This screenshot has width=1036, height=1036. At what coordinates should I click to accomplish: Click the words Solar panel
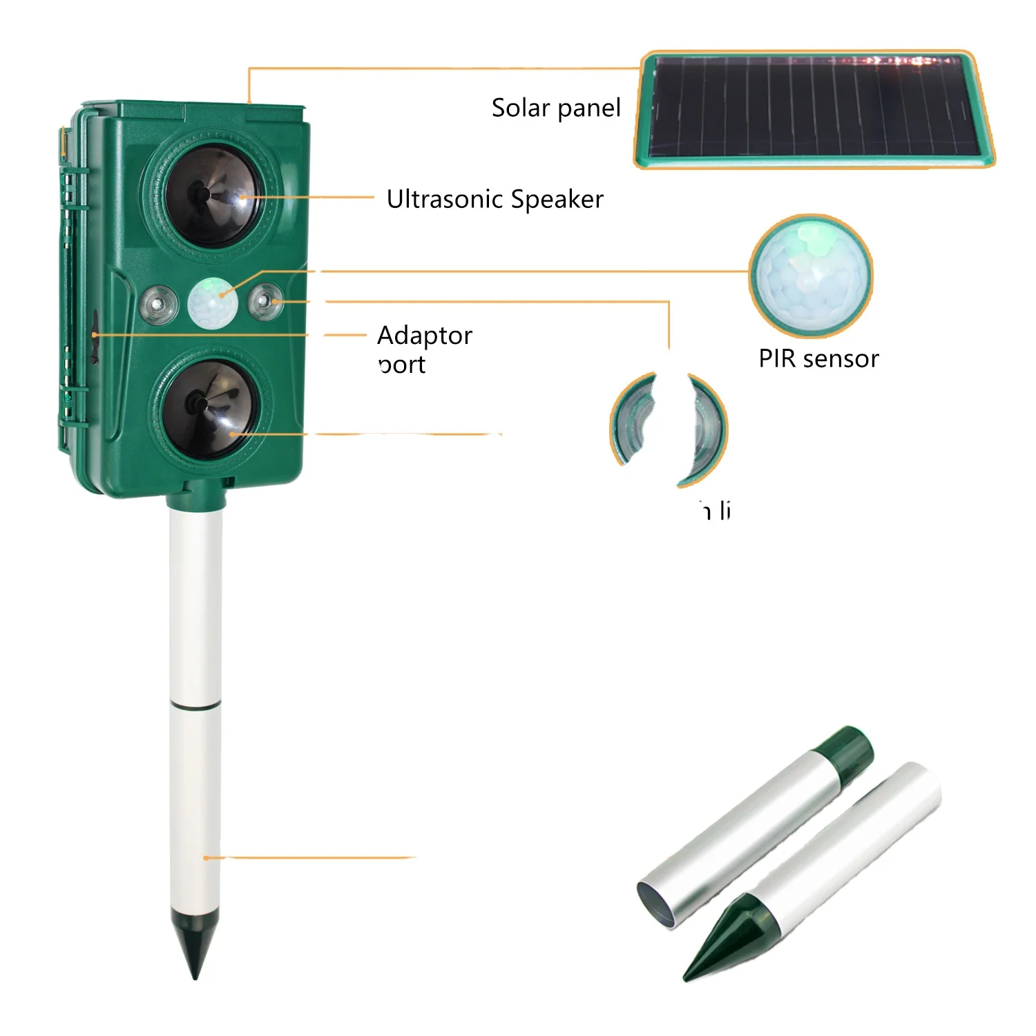(x=556, y=108)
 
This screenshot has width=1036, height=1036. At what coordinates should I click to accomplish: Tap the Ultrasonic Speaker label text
(x=495, y=200)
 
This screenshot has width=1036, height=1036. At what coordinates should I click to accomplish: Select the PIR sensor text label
(x=818, y=359)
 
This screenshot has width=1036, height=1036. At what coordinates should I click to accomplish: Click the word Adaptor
(x=425, y=336)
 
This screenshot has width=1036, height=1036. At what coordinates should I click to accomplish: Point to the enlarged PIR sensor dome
(x=811, y=275)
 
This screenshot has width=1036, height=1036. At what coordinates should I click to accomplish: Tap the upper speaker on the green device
(x=211, y=195)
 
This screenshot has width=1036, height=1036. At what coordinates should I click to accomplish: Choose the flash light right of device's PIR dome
(x=265, y=302)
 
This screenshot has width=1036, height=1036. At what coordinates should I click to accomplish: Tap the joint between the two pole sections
(x=195, y=705)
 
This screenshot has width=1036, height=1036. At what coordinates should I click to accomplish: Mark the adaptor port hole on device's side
(x=94, y=336)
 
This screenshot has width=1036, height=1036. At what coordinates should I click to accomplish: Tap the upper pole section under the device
(x=195, y=608)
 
